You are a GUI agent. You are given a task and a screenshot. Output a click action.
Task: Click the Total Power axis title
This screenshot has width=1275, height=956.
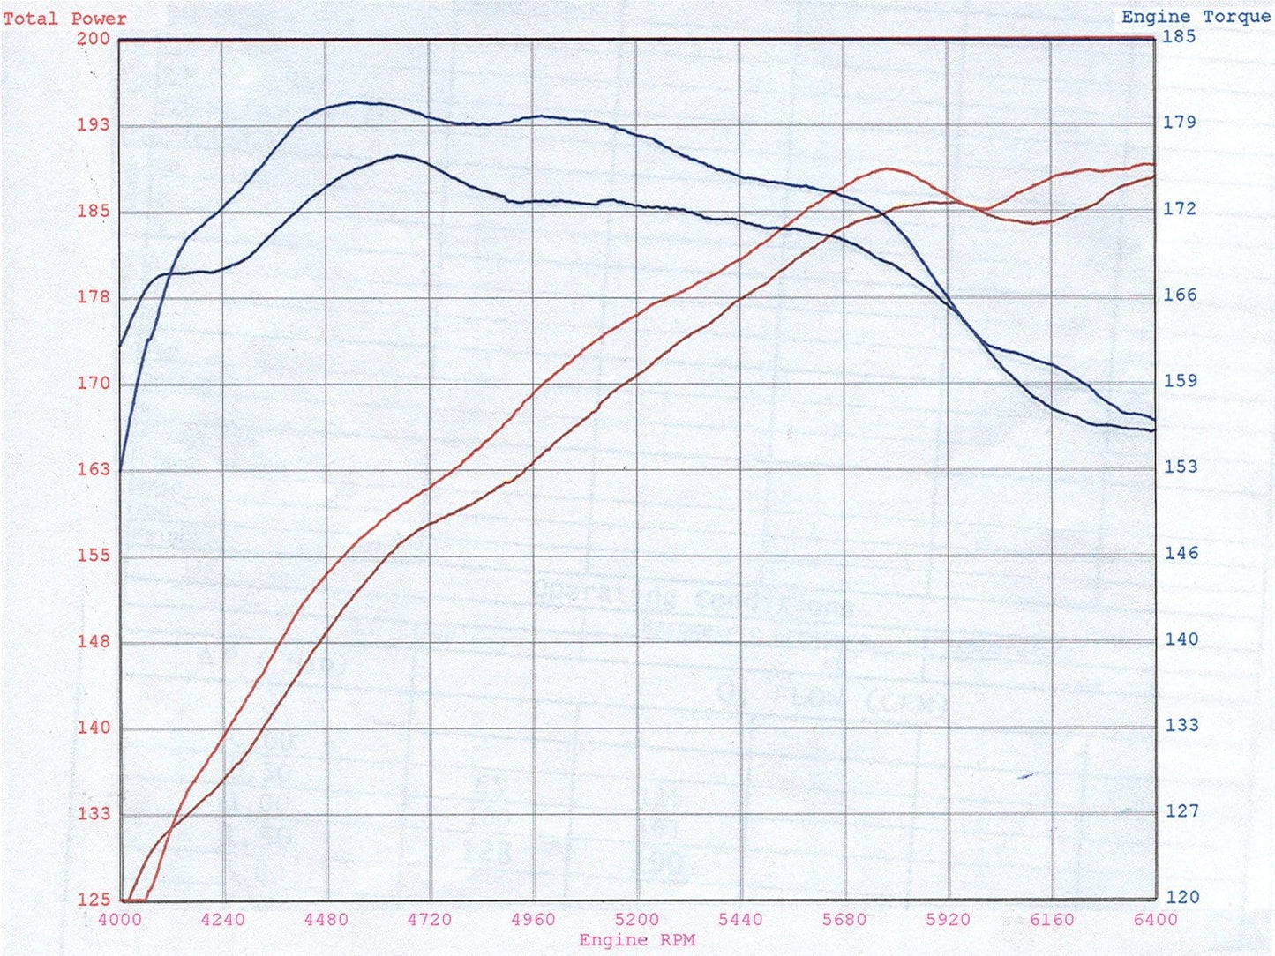(64, 19)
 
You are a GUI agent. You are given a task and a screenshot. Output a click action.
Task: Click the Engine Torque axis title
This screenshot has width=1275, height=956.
(1196, 17)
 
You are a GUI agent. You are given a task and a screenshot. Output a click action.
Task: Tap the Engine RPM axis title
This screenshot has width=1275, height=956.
(637, 940)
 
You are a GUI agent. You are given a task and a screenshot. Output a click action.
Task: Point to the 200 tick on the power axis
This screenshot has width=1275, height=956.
(94, 39)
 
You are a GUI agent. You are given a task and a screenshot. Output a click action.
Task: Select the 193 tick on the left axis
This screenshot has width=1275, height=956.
(94, 125)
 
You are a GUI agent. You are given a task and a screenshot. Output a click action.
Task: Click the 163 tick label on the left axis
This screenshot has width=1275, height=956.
(94, 469)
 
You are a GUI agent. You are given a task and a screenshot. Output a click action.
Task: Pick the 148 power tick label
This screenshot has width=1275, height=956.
(94, 641)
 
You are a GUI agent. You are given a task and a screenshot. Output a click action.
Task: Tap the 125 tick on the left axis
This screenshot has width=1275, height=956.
(94, 900)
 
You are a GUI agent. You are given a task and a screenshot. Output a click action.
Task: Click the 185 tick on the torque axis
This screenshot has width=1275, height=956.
(1180, 36)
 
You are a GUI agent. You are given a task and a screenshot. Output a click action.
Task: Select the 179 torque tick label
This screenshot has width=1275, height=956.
(1180, 122)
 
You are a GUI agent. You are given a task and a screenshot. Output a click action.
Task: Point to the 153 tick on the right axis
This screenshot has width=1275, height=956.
(1181, 467)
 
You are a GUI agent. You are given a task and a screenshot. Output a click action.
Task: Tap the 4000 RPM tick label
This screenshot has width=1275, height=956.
(119, 920)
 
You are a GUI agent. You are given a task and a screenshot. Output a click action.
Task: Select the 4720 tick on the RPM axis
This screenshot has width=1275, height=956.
(430, 920)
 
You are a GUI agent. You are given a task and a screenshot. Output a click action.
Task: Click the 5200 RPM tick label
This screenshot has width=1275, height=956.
(637, 920)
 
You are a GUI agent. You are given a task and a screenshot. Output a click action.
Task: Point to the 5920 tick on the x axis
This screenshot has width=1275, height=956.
(948, 920)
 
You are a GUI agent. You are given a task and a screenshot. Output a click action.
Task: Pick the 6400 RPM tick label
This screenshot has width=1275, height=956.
(1155, 920)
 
